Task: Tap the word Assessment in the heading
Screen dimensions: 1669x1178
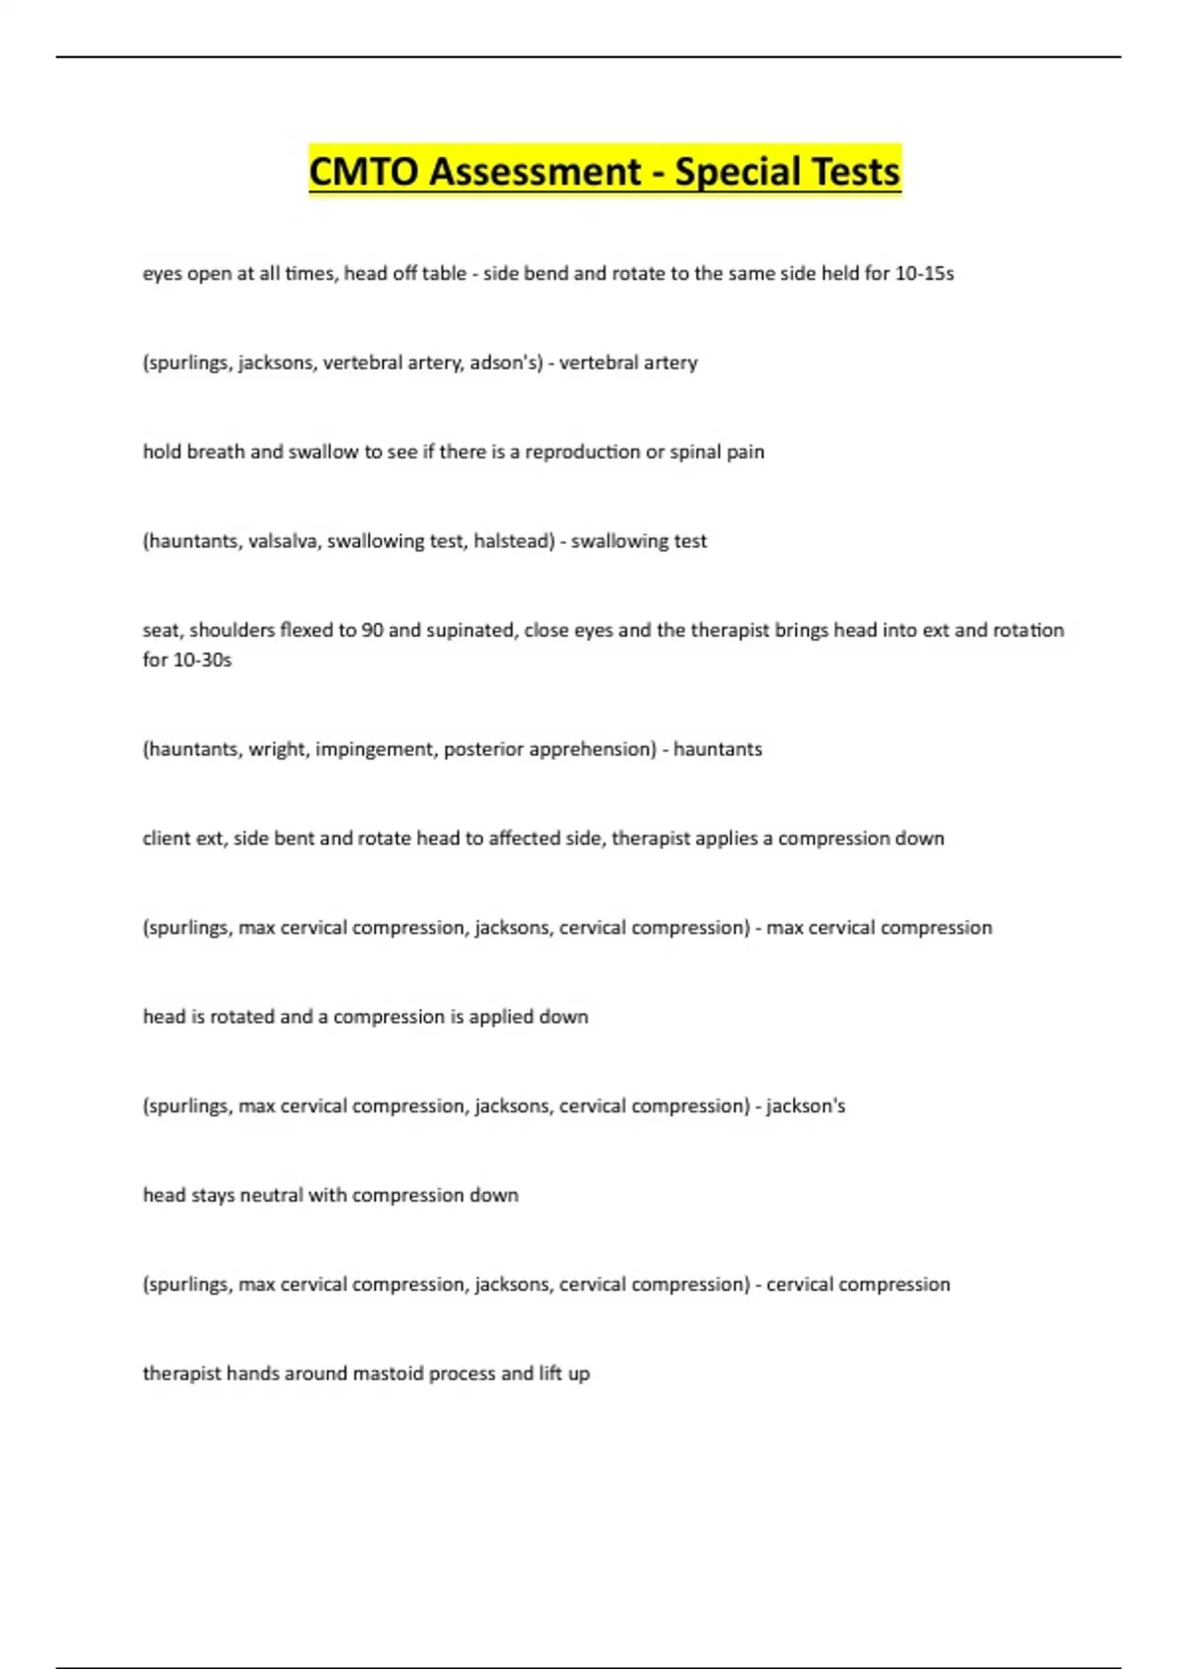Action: (534, 172)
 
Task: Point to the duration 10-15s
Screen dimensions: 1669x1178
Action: (924, 274)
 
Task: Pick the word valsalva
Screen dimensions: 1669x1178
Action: (284, 541)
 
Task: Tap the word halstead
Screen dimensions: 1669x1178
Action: (513, 541)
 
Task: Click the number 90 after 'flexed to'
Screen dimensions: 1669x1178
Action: (372, 630)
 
